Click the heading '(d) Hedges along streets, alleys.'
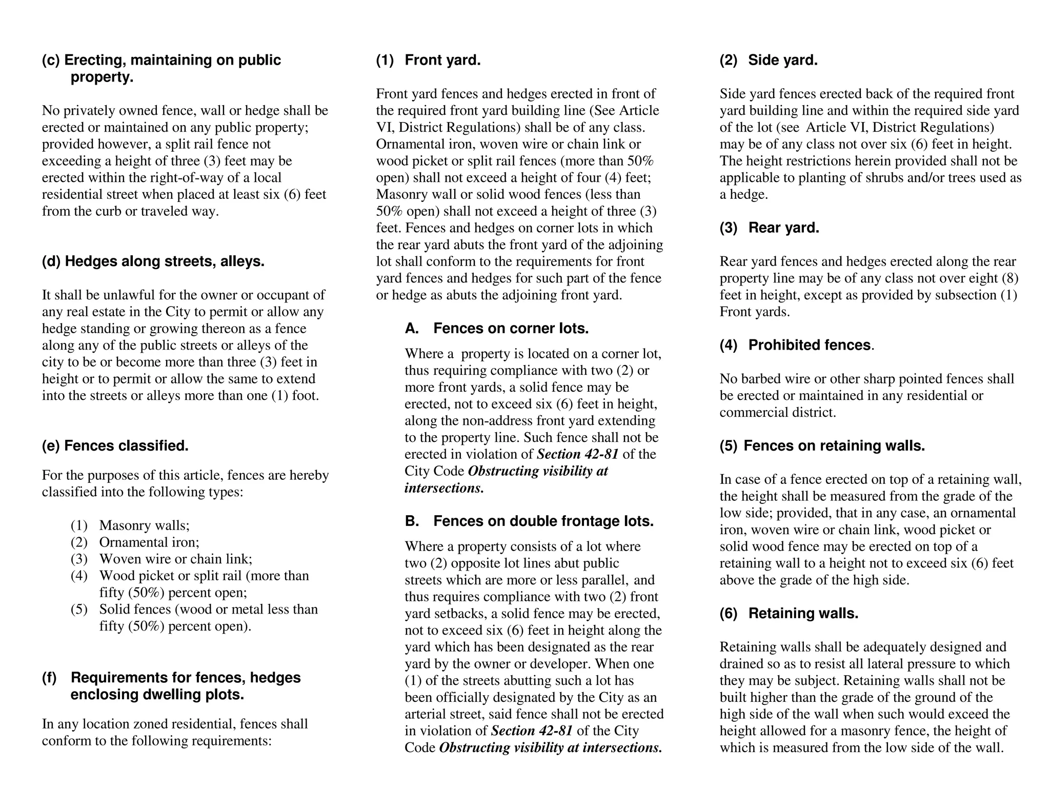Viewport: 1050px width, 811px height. [153, 261]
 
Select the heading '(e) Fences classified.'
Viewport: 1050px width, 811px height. [115, 445]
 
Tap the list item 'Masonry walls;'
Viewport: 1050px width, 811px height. [144, 525]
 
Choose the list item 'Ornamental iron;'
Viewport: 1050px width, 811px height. [149, 542]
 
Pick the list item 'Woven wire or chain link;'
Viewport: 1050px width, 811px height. [175, 559]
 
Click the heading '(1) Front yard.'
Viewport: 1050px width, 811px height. [428, 60]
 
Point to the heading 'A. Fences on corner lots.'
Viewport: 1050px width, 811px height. [496, 328]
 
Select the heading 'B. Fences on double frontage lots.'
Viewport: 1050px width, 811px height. [529, 521]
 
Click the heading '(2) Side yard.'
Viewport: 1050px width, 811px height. [768, 60]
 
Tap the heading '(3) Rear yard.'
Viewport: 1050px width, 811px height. [769, 228]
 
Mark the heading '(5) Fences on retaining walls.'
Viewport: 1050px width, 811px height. [822, 445]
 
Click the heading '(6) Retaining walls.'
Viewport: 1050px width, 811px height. [789, 613]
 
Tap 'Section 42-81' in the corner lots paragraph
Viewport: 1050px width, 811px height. [577, 454]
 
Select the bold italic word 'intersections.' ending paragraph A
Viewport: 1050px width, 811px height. [444, 488]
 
